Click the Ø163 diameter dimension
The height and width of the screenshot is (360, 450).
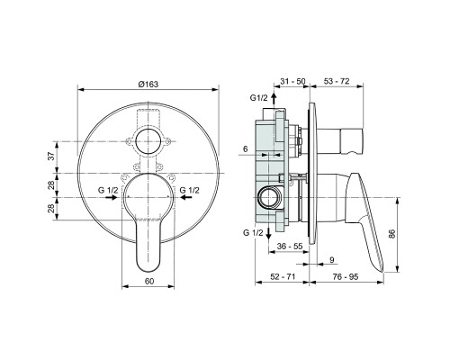coord(148,83)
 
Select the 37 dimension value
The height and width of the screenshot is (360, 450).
coord(51,157)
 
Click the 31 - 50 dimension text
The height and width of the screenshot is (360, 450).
coord(292,82)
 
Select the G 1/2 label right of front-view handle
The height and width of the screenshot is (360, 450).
coord(190,190)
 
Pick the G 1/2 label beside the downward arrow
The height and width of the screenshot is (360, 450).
coord(255,233)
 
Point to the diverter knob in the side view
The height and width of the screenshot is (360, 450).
coord(346,141)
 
